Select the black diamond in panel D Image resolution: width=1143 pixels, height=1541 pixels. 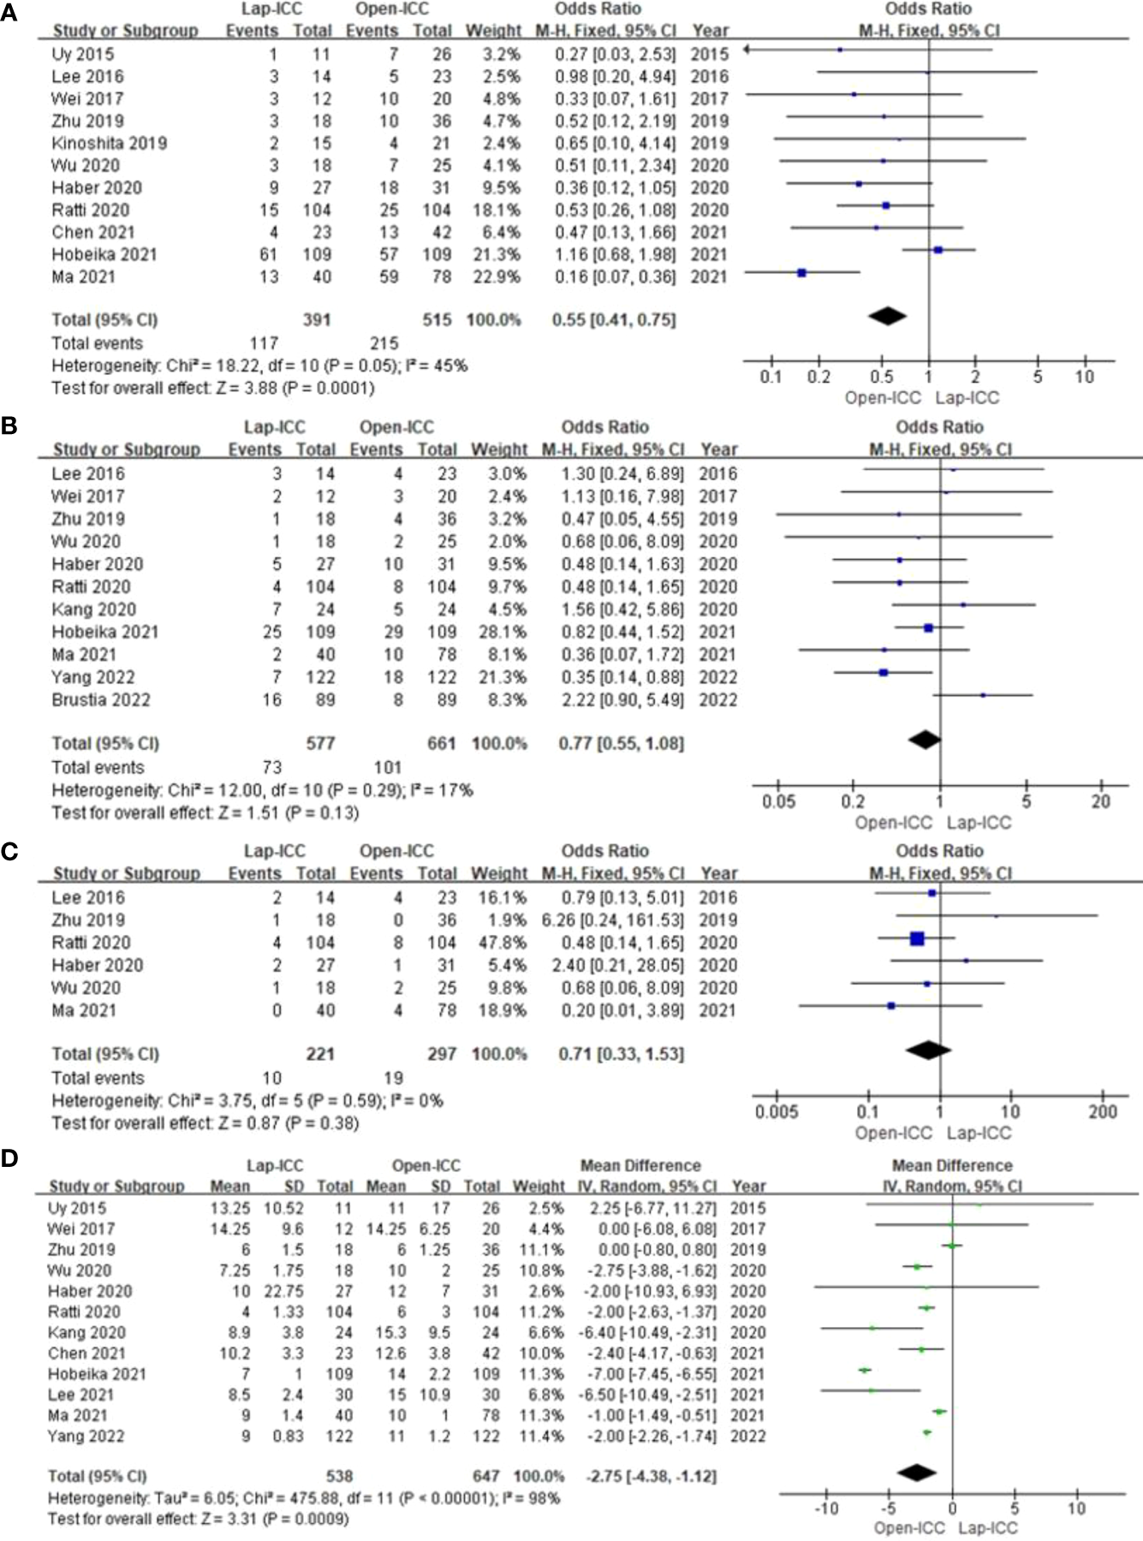coord(917,1473)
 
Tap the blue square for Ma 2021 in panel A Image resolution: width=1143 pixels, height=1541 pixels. coord(801,273)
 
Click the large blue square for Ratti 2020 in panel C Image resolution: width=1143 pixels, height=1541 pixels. coord(917,939)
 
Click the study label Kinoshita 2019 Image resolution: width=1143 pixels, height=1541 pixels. coord(109,143)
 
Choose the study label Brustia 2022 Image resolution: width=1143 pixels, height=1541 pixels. coord(100,699)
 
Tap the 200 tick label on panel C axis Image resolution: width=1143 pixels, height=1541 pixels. coord(1103,1111)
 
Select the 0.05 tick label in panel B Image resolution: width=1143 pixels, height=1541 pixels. coord(778,801)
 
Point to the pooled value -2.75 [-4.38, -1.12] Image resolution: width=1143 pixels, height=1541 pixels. coord(652,1476)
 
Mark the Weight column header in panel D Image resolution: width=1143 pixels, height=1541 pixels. coord(539,1186)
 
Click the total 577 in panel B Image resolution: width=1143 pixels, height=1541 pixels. coord(321,743)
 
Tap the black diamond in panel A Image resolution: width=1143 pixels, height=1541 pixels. coord(888,316)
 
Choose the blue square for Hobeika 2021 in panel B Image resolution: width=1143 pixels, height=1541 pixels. coord(928,628)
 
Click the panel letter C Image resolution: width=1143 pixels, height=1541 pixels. coord(9,853)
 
